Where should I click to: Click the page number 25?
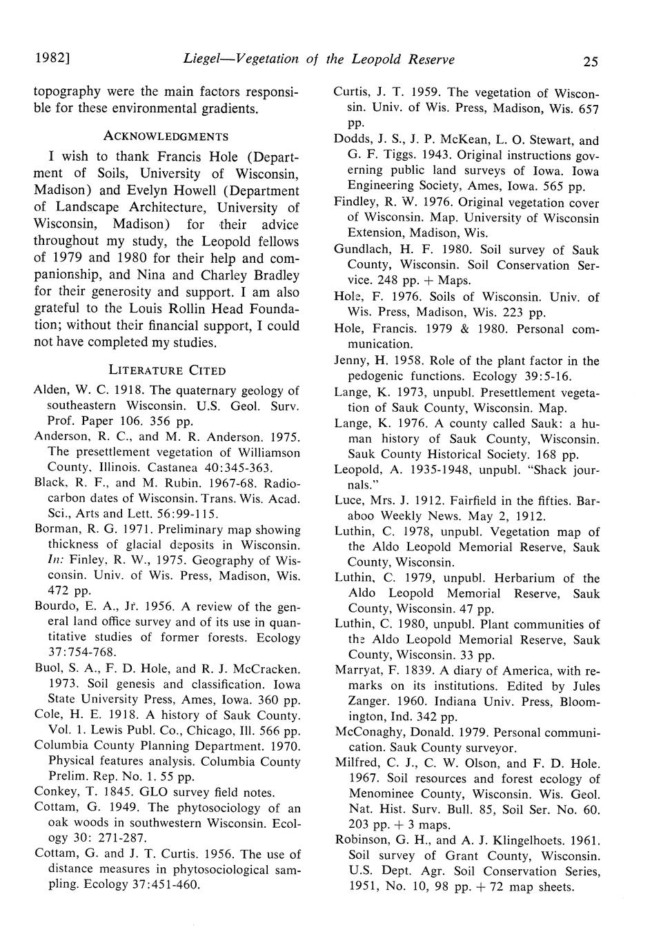point(590,61)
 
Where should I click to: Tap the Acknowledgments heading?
point(166,136)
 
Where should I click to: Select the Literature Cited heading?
point(167,370)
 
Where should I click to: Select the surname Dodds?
point(353,140)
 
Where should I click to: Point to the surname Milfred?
point(358,763)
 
